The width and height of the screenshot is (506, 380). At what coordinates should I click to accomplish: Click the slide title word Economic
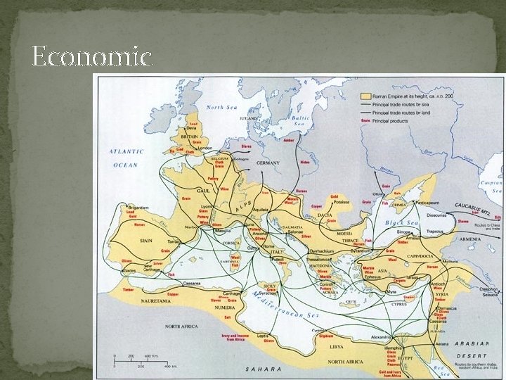(x=91, y=56)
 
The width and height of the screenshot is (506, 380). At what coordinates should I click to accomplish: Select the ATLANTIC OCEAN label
(x=126, y=158)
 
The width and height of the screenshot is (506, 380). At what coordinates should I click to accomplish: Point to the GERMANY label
(x=268, y=163)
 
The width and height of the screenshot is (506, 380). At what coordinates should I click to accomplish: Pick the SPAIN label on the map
(x=145, y=240)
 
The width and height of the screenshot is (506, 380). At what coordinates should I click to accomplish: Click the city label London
(x=206, y=148)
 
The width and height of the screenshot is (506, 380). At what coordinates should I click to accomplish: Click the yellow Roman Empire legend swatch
(x=365, y=95)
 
